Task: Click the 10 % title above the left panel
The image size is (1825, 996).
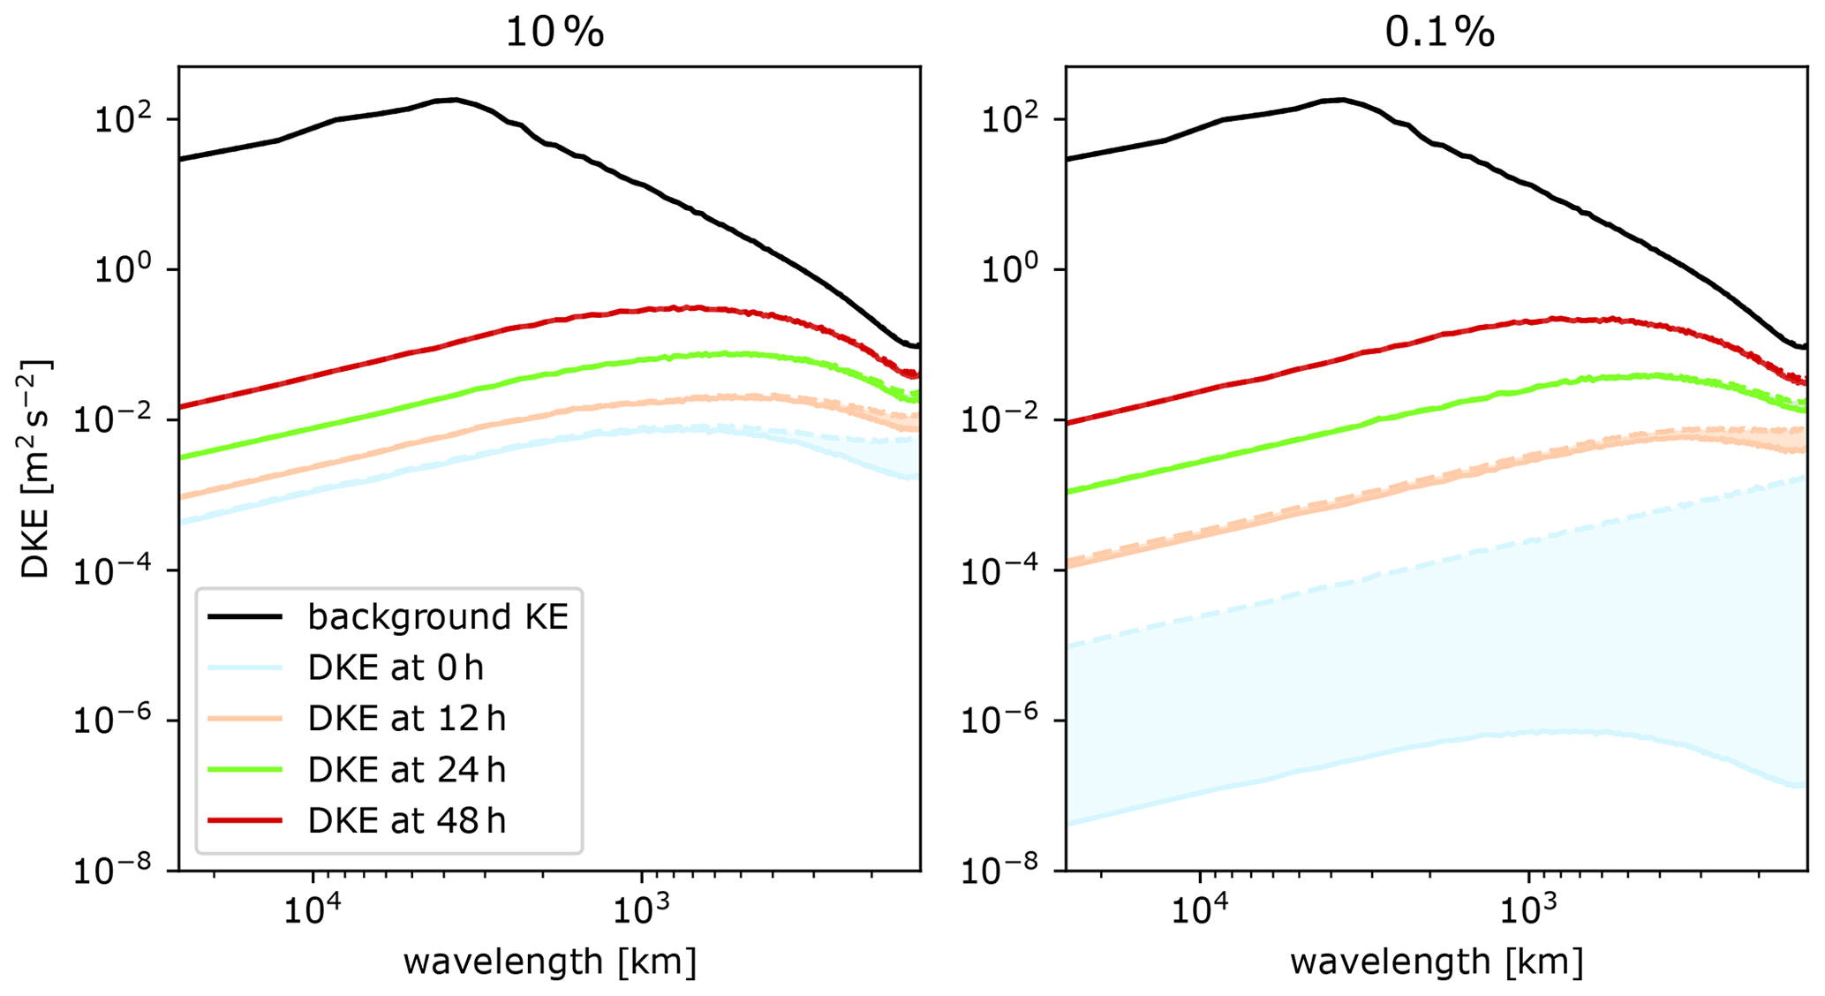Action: pyautogui.click(x=554, y=32)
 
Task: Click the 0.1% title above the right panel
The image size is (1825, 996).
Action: pyautogui.click(x=1439, y=32)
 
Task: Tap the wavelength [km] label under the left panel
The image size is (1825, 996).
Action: pyautogui.click(x=549, y=961)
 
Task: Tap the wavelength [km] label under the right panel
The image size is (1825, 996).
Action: pyautogui.click(x=1437, y=961)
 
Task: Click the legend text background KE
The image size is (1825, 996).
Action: pyautogui.click(x=438, y=616)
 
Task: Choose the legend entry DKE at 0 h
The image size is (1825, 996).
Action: pyautogui.click(x=396, y=668)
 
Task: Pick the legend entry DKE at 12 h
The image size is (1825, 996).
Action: pyautogui.click(x=406, y=719)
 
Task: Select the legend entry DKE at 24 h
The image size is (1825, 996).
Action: pyautogui.click(x=406, y=770)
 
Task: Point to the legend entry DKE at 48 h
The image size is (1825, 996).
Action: pyautogui.click(x=406, y=821)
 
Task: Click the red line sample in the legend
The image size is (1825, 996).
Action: pyautogui.click(x=245, y=821)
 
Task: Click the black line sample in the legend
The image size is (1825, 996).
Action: pyautogui.click(x=245, y=616)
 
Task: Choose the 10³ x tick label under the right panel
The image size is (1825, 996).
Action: pyautogui.click(x=1527, y=909)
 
